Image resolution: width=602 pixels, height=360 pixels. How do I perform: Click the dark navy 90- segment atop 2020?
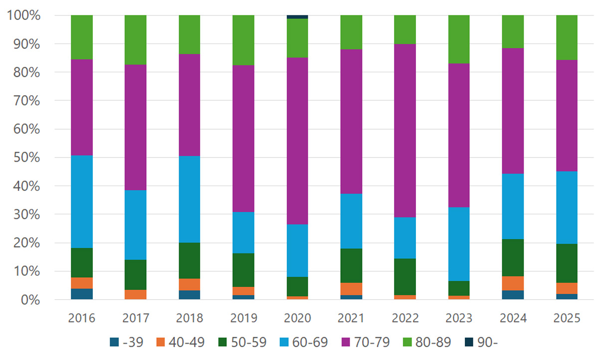[x=297, y=17]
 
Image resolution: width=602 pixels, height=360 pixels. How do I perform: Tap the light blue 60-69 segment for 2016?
[x=82, y=201]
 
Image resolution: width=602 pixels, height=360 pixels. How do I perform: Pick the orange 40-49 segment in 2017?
[x=136, y=294]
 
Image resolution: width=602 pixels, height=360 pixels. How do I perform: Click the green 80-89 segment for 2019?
[x=243, y=40]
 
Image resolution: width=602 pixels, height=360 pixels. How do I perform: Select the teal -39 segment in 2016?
[x=82, y=294]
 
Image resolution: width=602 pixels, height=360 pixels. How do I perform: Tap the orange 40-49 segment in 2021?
[x=351, y=289]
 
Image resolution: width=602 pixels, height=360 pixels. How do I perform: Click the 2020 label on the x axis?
[x=297, y=318]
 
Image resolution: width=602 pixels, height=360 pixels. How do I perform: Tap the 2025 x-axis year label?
[x=567, y=318]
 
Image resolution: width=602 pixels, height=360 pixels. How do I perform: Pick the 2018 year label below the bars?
[x=190, y=318]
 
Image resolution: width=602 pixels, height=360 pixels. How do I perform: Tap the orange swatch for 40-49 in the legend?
[x=161, y=342]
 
